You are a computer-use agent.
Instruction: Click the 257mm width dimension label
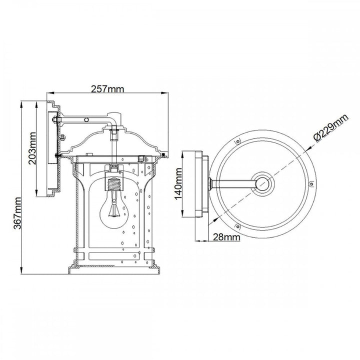(x=107, y=89)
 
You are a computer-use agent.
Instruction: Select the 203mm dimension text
(x=32, y=148)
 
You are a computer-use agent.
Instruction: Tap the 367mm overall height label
(x=17, y=213)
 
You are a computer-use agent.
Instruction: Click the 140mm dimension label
(x=178, y=184)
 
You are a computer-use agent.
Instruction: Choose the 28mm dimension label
(x=226, y=237)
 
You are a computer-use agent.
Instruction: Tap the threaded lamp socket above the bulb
(x=114, y=183)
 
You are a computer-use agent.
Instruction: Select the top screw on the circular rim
(x=238, y=141)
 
